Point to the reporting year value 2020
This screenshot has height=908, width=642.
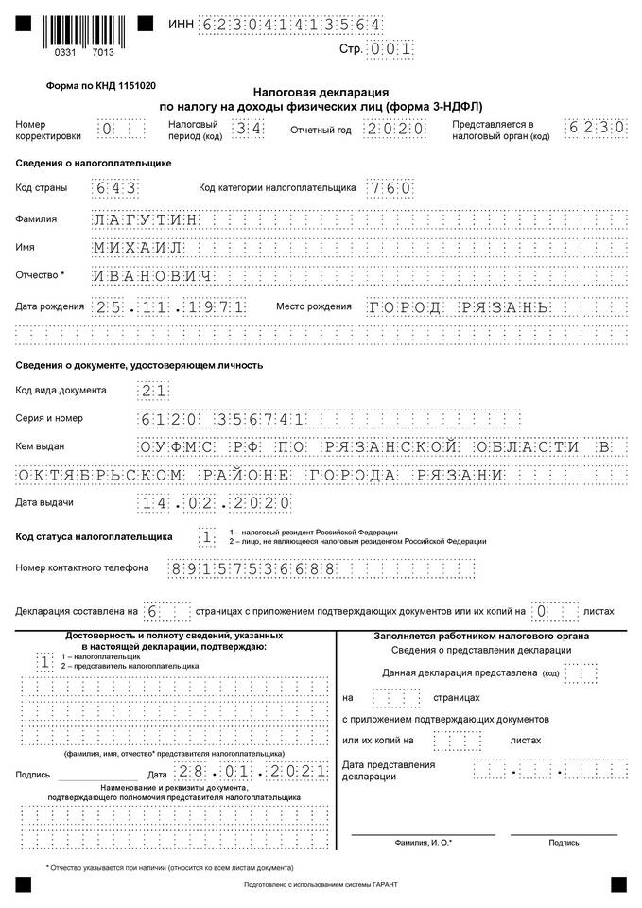click(393, 130)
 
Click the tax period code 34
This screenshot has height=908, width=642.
click(245, 130)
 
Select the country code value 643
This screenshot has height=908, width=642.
click(116, 188)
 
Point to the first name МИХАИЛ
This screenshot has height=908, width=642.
click(138, 247)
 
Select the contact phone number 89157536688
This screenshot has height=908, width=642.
click(252, 568)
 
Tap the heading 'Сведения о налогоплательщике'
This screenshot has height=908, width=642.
click(94, 163)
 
